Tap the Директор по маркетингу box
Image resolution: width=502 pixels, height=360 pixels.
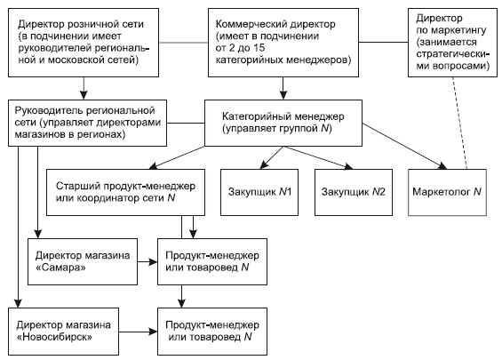point(450,41)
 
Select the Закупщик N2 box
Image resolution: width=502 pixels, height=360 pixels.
point(350,191)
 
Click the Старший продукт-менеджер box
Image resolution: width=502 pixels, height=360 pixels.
point(123,191)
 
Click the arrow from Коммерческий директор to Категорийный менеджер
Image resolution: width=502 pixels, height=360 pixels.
point(283,85)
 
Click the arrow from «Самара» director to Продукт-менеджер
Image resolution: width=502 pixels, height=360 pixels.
point(146,261)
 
